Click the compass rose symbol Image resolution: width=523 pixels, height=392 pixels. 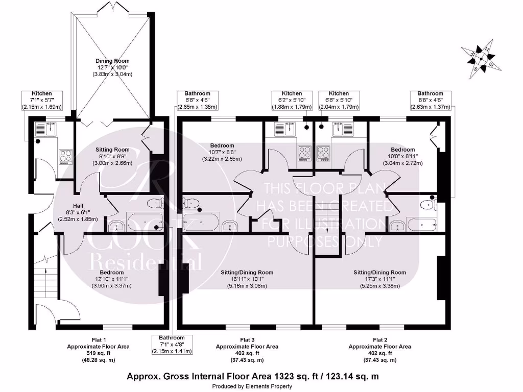click(481, 60)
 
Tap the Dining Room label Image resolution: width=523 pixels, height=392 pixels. click(112, 61)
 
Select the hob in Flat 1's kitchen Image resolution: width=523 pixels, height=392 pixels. click(66, 157)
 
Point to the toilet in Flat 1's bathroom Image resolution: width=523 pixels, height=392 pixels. click(155, 203)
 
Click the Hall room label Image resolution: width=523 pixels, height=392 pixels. click(78, 206)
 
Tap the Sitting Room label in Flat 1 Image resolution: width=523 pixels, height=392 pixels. click(112, 150)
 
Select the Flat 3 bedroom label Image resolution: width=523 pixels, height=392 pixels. click(222, 145)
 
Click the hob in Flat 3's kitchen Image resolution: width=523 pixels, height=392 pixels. click(304, 153)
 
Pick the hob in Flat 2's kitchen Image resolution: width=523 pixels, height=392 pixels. click(323, 153)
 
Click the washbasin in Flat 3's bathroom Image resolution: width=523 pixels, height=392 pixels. click(230, 226)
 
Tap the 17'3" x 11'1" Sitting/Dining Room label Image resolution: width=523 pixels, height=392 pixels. click(380, 279)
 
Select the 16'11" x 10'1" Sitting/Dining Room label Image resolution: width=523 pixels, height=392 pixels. click(247, 279)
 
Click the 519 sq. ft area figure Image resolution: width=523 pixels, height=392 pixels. click(99, 353)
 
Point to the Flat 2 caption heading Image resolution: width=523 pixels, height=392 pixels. click(380, 340)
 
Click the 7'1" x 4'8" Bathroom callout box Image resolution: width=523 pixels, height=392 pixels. click(172, 345)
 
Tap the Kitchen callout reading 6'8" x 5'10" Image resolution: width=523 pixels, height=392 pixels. click(339, 101)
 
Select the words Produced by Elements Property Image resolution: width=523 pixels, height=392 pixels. click(252, 386)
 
